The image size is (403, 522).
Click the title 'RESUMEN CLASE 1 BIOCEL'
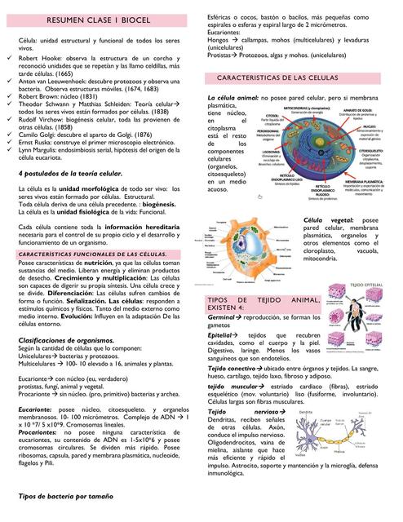click(x=104, y=19)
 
